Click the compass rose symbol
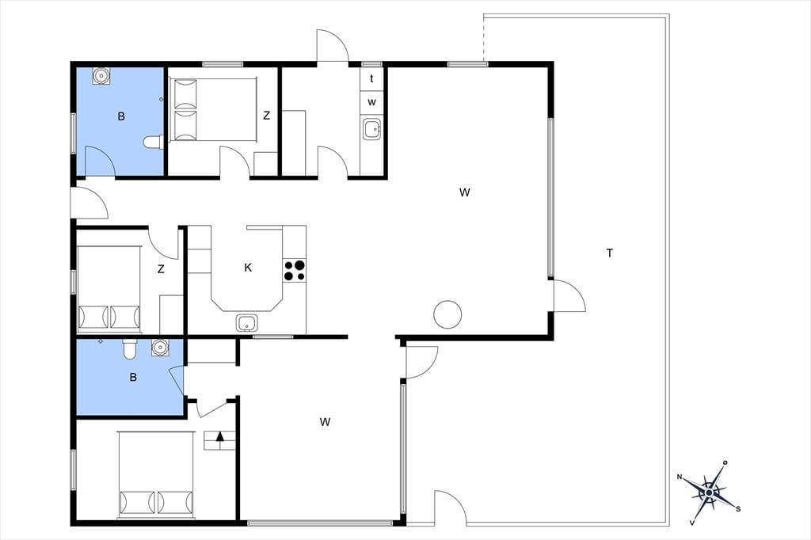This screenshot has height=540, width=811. [708, 492]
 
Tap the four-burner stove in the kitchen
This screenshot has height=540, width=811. [295, 271]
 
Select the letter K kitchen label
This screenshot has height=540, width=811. [248, 268]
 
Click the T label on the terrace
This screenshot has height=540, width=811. [610, 253]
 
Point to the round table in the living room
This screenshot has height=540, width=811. [447, 314]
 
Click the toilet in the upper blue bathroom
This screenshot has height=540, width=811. [153, 141]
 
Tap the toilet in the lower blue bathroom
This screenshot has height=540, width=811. [129, 349]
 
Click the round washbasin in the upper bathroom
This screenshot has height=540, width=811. [101, 76]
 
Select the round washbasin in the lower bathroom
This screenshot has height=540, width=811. [160, 348]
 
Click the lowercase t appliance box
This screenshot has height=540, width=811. [371, 79]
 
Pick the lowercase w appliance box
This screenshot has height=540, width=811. [371, 102]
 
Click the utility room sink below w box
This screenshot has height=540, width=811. [372, 129]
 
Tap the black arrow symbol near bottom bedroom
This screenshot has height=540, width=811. [220, 436]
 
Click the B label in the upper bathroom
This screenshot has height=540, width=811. [121, 116]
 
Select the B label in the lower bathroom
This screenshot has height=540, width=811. [133, 378]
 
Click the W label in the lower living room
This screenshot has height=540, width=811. [325, 422]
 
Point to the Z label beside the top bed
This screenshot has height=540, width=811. [266, 116]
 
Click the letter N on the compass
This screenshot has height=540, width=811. [680, 477]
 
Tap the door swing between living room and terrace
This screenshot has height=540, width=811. [569, 295]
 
